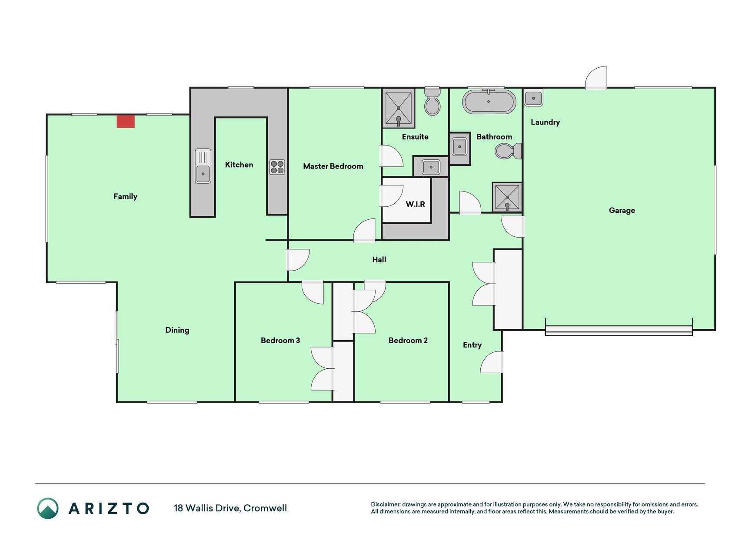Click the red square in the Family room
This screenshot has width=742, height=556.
coord(126,121)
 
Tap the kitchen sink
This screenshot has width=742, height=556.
coord(203,166)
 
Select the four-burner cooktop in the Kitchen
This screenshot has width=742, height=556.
coord(277,167)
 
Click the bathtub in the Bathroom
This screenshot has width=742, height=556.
coord(489,102)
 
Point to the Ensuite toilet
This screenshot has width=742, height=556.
coord(432,102)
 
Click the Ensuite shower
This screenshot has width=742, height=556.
coord(398,108)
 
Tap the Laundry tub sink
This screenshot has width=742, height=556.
coord(533,98)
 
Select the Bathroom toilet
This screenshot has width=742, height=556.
coord(508,151)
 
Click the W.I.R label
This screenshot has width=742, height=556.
coord(415,204)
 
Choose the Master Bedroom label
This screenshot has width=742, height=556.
coord(333,166)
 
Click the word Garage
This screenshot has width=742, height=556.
coord(622,211)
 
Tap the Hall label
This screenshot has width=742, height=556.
coord(379,260)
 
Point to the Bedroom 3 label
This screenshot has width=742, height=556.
coord(280,341)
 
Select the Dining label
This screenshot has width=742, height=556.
coord(177,330)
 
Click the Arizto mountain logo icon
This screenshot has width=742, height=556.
coord(48,508)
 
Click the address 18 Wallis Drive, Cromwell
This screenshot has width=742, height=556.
coord(230,508)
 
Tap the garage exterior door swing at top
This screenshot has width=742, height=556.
coord(596,78)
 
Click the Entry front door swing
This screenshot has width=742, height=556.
coord(492,362)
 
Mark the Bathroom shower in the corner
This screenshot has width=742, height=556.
coord(507,197)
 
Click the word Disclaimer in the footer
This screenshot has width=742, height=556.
coord(386,504)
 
